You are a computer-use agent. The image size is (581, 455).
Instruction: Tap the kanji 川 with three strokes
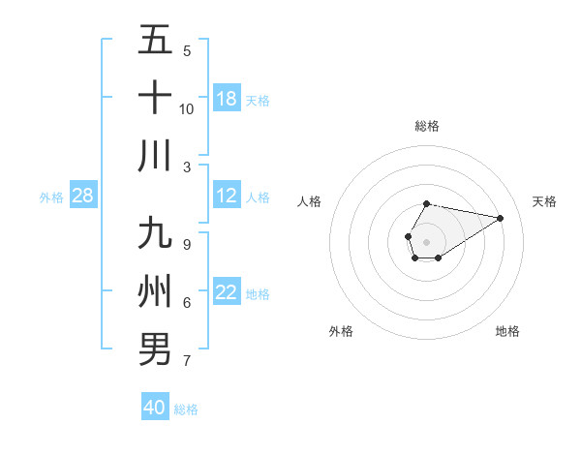(155, 156)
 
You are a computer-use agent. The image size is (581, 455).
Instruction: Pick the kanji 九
(155, 235)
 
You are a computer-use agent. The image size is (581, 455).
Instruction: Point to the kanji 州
(155, 291)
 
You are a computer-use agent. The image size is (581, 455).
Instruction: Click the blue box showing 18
(227, 99)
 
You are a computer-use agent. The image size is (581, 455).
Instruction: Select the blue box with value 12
(227, 197)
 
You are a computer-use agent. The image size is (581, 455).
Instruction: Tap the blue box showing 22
(227, 292)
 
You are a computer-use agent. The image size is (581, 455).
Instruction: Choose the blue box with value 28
(83, 197)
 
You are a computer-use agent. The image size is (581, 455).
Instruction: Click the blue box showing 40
(154, 408)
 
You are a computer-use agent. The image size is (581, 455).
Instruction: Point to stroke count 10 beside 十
(187, 108)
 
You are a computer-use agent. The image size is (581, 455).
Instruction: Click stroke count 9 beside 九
(187, 244)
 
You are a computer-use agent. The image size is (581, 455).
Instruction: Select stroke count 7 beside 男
(187, 361)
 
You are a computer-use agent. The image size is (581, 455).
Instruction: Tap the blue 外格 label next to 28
(51, 197)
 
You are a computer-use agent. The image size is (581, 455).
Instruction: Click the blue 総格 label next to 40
(186, 409)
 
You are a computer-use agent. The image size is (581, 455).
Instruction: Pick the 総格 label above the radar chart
(427, 126)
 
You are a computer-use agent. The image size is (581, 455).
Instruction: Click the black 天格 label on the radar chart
(545, 201)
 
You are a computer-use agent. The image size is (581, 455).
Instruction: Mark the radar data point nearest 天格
(501, 217)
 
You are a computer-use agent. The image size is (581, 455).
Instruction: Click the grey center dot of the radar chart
(426, 240)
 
